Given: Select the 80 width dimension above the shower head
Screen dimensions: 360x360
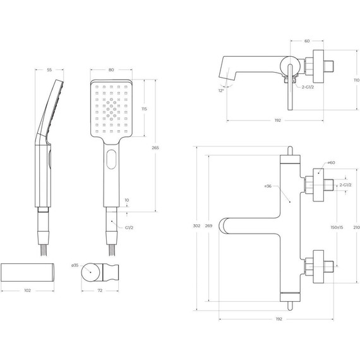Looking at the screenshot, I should point(111,71).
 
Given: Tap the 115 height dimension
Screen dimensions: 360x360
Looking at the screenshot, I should point(145,109).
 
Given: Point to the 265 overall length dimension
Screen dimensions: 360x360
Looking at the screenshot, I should point(155,147).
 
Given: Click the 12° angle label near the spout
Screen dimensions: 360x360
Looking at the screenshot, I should point(221,91).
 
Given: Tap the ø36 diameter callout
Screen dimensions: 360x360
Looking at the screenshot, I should point(268,187).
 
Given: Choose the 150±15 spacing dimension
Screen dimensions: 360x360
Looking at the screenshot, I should point(336,227).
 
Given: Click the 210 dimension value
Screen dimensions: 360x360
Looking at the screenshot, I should point(356,227).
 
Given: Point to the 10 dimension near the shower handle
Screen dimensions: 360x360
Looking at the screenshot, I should point(127,201).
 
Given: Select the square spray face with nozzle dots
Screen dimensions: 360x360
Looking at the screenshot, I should point(111,109).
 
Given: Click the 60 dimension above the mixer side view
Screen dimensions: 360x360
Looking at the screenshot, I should point(307,41).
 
